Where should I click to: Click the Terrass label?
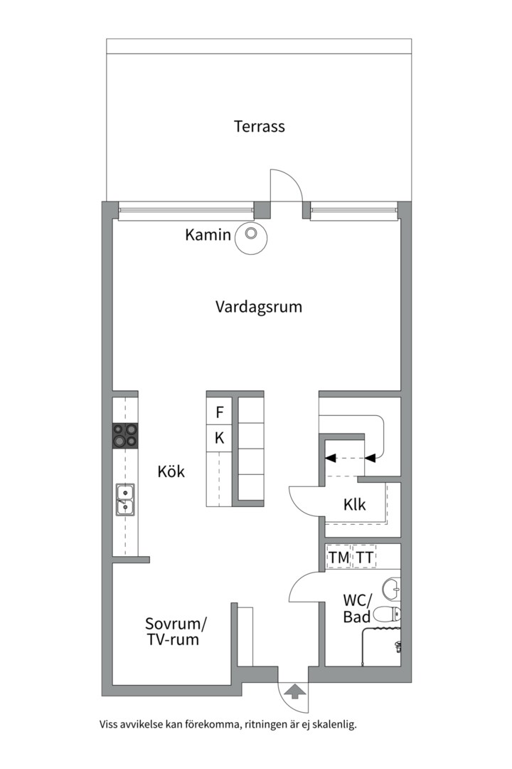coord(260,127)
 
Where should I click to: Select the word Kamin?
coord(208,234)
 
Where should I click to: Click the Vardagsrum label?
coord(259,308)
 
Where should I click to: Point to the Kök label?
coord(171,471)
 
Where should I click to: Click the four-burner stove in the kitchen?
coord(125,435)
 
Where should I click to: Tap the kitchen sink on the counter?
coord(125,498)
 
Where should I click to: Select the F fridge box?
coord(220,412)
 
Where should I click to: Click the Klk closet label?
coord(354,505)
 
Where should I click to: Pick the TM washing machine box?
coord(339,558)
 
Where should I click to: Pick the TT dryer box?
coord(365,558)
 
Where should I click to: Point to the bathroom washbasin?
coord(392,588)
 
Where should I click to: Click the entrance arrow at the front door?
coord(293,690)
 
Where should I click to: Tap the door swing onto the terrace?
coord(287,186)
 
